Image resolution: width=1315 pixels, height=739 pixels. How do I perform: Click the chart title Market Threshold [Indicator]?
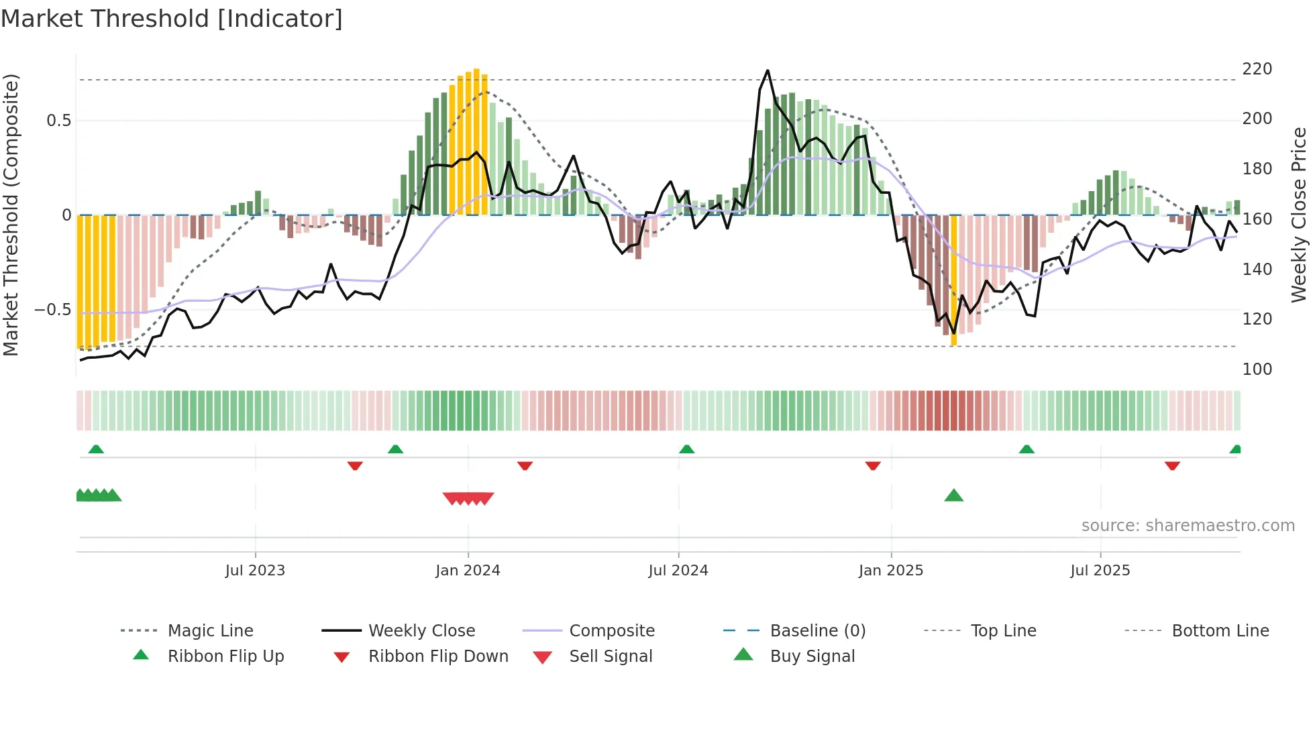(172, 19)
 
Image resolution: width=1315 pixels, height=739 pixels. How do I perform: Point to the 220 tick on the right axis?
(1257, 69)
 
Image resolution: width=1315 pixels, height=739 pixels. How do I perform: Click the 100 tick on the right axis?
(1257, 369)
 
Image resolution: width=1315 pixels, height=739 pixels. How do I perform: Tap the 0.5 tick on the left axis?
(58, 121)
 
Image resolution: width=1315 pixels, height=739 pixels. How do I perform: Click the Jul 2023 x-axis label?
(255, 571)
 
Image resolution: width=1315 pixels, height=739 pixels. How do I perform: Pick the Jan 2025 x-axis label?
(890, 571)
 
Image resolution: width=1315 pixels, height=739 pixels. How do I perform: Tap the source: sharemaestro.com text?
(1188, 526)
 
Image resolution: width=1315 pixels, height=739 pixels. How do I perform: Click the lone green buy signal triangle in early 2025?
(953, 496)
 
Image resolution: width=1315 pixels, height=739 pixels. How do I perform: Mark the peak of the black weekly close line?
(768, 70)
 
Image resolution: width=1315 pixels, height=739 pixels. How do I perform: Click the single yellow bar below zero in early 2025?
(953, 282)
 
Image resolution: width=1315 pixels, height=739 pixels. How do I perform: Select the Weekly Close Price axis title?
(1299, 215)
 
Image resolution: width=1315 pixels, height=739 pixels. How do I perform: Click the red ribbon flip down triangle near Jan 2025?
(872, 465)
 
